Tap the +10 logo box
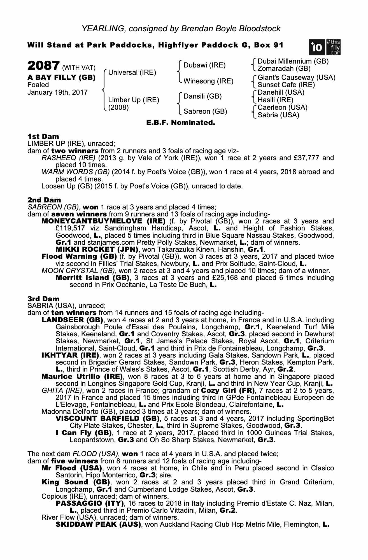(x=316, y=47)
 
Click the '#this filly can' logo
(x=333, y=47)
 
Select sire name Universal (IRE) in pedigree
(x=132, y=73)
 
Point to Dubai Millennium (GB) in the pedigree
(x=293, y=61)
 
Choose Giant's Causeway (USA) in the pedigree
(x=296, y=78)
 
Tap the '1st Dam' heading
(x=43, y=137)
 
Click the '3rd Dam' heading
(x=43, y=299)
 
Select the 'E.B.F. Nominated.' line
(x=181, y=123)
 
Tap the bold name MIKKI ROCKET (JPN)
(x=97, y=249)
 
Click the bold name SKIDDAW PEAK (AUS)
(x=98, y=524)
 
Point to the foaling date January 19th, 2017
(x=57, y=92)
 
